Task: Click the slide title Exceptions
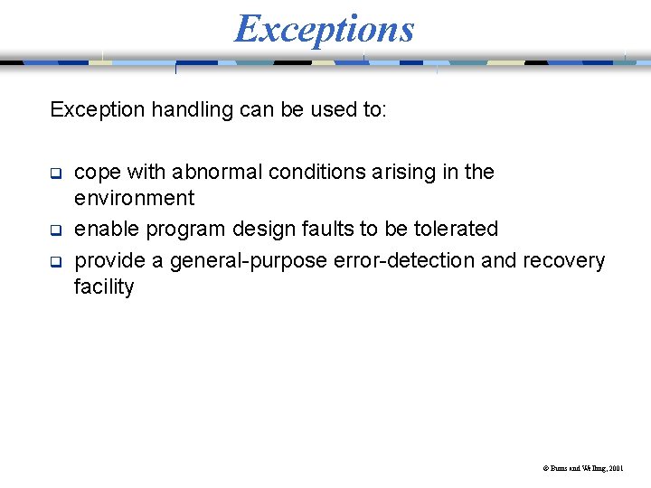pos(324,28)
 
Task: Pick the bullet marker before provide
pos(55,260)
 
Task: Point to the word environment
pos(134,198)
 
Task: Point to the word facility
pos(104,287)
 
